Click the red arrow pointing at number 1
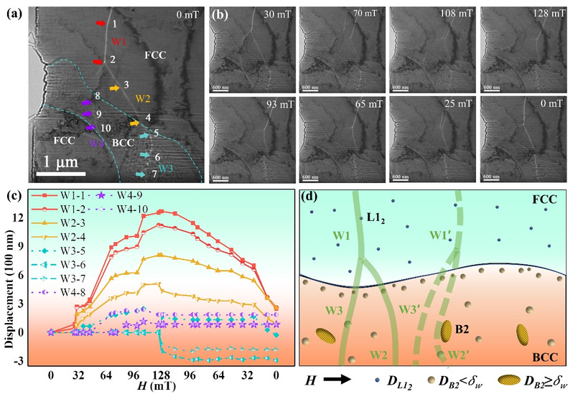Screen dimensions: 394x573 click(x=100, y=24)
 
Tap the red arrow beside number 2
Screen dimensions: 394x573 click(x=98, y=62)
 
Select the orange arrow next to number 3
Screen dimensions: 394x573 click(x=113, y=88)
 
